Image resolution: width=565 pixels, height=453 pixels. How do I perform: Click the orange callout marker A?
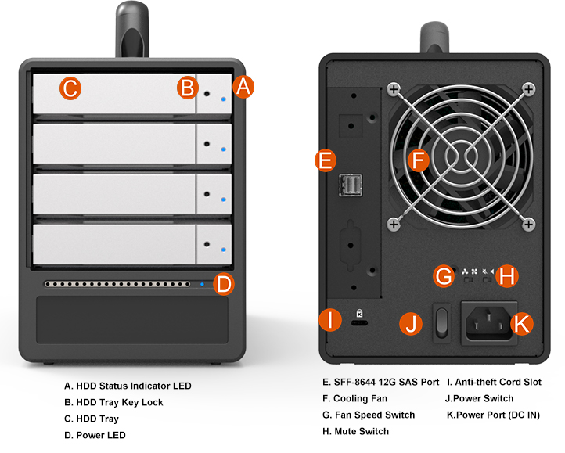[243, 87]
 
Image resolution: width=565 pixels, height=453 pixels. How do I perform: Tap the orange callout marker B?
[186, 88]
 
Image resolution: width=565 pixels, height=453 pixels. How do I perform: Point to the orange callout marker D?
[224, 284]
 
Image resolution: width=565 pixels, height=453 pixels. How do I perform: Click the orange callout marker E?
[324, 161]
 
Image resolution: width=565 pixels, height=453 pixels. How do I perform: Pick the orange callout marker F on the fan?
[419, 161]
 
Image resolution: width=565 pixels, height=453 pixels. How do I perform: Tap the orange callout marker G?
[444, 275]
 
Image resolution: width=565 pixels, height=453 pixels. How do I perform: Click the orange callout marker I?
[331, 319]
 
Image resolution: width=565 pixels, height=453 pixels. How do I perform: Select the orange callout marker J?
[411, 322]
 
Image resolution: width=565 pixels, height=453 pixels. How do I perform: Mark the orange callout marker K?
[522, 323]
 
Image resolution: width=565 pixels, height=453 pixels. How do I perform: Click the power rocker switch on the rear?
[441, 322]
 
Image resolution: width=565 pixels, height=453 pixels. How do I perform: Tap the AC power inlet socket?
[488, 322]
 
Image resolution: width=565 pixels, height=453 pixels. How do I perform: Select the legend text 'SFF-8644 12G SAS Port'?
[380, 383]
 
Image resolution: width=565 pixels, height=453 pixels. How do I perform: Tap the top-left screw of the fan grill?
[394, 88]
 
